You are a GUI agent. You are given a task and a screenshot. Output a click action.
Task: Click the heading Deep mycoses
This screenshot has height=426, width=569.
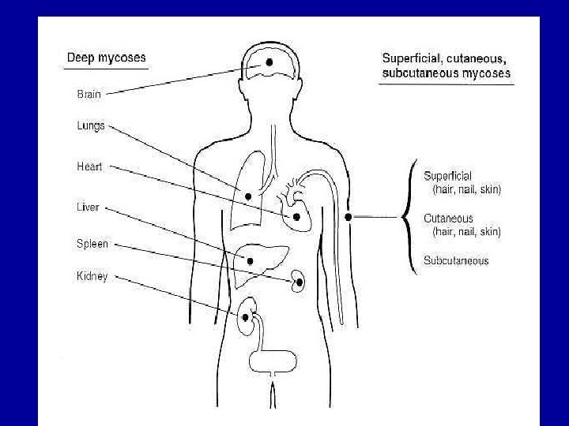[106, 58]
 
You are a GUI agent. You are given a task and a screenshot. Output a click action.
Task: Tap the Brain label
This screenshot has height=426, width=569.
[89, 94]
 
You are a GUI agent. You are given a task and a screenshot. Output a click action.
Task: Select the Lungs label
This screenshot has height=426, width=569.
[90, 125]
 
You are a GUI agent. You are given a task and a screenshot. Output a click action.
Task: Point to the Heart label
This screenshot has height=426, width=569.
[89, 166]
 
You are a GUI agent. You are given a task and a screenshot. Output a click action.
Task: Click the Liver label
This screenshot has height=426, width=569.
[88, 207]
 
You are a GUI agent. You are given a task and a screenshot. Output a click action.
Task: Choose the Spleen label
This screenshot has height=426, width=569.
[92, 244]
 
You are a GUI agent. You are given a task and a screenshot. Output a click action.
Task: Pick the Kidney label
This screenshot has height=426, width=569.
[92, 276]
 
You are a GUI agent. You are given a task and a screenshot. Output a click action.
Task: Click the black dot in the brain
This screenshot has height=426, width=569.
[269, 62]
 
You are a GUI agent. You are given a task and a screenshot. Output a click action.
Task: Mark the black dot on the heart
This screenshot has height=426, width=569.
[296, 216]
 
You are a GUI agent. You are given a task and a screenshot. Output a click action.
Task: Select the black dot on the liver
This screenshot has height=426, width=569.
[250, 260]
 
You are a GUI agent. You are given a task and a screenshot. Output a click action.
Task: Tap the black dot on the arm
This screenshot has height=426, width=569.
[349, 217]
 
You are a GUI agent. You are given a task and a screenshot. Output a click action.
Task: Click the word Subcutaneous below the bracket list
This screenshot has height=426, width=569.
[456, 260]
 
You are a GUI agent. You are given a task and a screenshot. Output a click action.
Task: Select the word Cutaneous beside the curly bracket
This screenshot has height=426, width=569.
[448, 218]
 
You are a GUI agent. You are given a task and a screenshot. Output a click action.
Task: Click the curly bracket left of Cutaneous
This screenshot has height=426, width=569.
[408, 217]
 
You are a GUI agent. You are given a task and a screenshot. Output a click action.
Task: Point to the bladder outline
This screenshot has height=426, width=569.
[273, 361]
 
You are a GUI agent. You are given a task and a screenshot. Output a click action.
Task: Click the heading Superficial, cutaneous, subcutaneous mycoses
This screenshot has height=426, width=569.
[446, 65]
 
